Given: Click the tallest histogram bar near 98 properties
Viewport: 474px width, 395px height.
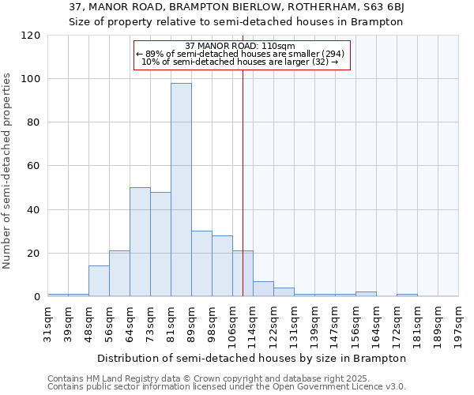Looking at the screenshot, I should [181, 190].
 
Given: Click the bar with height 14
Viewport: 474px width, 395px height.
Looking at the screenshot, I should [99, 281].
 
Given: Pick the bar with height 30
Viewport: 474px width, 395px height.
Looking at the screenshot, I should [201, 264].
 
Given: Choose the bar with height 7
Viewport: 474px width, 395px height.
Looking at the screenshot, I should [263, 289].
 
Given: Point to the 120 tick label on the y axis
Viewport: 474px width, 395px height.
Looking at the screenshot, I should [32, 36].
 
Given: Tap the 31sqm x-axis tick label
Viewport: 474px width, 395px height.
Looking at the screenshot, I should [48, 320].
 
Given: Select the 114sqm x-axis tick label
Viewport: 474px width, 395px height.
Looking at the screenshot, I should [253, 322].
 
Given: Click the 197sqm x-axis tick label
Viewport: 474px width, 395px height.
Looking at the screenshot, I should [458, 322].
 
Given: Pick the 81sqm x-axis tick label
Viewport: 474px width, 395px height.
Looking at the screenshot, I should [171, 320].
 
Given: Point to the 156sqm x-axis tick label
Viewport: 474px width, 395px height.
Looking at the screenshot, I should [355, 322].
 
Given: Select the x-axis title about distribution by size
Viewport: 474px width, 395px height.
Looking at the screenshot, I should [253, 358].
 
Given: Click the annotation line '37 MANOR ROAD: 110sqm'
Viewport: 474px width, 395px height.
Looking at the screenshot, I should [239, 46].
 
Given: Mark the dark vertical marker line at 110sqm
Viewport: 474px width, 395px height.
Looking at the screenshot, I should [243, 182].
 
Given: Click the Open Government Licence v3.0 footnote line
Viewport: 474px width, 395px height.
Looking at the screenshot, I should [227, 387].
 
